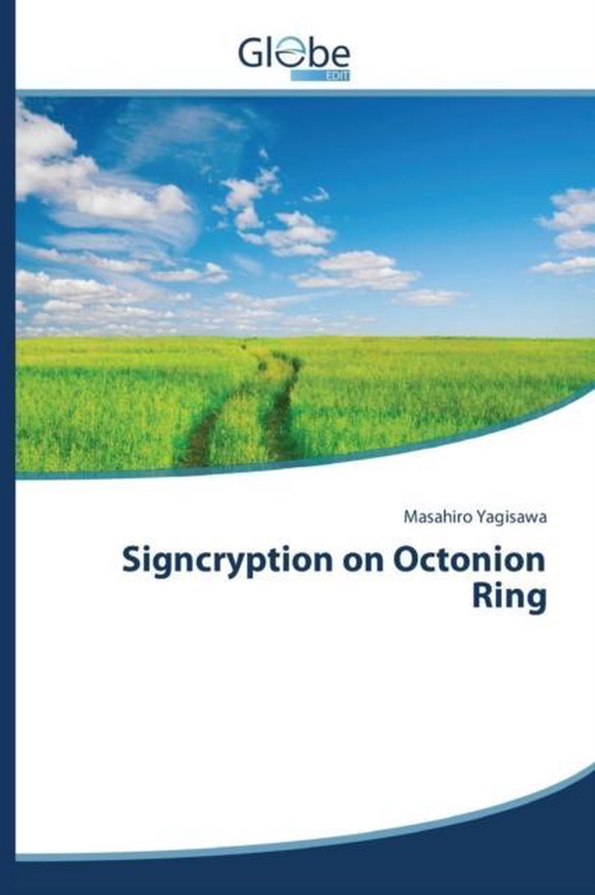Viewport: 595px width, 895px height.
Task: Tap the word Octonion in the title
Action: (469, 559)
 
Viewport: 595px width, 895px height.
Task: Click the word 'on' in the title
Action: (365, 562)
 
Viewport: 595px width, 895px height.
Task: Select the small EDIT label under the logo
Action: (338, 76)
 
